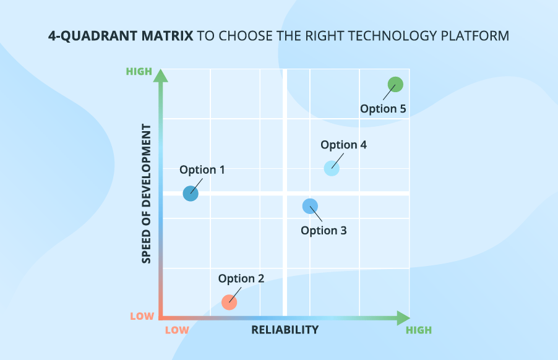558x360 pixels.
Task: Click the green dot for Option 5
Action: [395, 84]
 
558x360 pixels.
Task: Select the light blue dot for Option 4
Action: [332, 168]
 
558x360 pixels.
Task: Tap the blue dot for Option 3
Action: [310, 206]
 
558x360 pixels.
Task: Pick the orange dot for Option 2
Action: [230, 302]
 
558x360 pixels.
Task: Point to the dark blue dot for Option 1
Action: [191, 194]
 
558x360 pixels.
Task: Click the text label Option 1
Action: [202, 169]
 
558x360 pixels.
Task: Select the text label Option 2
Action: [241, 278]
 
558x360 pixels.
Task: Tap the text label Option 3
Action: [324, 231]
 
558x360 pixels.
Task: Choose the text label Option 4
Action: [343, 145]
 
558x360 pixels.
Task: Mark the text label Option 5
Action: [383, 109]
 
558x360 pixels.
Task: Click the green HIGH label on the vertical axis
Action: [139, 71]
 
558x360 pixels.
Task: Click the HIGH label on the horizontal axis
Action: [419, 330]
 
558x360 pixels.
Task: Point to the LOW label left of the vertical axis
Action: [142, 316]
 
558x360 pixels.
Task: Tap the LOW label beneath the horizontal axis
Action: [177, 330]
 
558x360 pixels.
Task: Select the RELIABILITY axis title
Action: [285, 330]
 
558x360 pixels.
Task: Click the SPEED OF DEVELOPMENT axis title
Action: [147, 194]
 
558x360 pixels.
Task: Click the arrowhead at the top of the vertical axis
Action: [161, 75]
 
